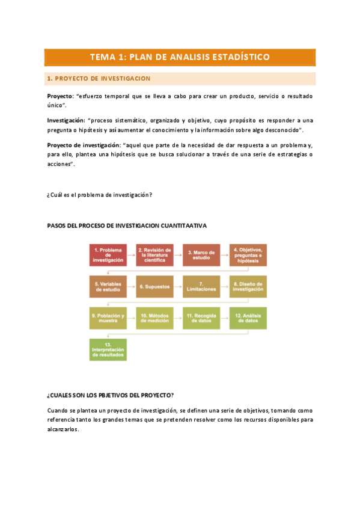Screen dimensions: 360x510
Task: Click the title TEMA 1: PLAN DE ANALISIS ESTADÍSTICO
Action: tap(180, 57)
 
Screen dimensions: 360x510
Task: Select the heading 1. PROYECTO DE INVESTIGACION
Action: tap(99, 79)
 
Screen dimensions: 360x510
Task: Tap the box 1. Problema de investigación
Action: tap(108, 255)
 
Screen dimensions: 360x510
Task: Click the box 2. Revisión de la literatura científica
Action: tap(155, 255)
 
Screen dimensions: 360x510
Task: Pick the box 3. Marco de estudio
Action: tap(201, 255)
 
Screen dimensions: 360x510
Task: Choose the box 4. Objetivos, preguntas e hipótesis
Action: tap(248, 255)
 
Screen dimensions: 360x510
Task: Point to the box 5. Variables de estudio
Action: tap(108, 286)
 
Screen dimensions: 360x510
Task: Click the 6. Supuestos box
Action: tap(155, 286)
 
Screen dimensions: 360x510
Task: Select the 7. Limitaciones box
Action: tap(201, 286)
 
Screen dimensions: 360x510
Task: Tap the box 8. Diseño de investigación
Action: tap(248, 286)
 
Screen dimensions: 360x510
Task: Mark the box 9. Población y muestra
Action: tap(108, 318)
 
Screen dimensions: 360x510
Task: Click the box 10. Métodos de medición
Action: tap(155, 318)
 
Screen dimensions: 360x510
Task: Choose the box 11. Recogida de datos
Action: tap(201, 318)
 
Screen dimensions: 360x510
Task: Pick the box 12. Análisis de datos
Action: tap(248, 318)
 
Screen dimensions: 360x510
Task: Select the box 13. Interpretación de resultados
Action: tap(108, 349)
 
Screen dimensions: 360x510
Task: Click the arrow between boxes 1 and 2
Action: tap(132, 255)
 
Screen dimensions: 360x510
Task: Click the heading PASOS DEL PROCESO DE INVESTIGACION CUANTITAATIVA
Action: tap(127, 226)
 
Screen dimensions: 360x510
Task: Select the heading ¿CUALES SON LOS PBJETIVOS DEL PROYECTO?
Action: tap(111, 395)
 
